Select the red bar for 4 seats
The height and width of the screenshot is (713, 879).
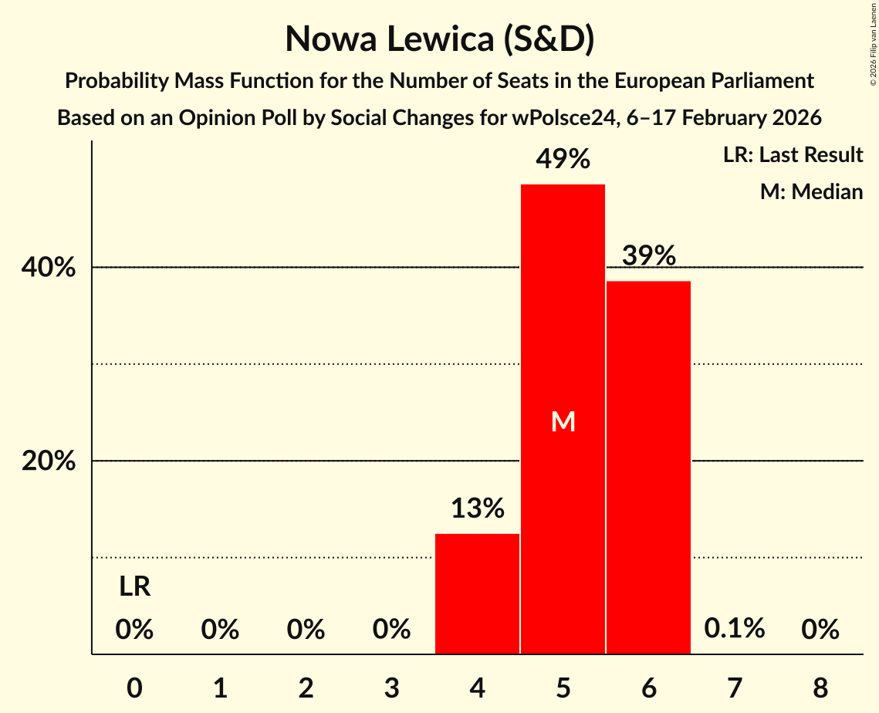[x=477, y=593]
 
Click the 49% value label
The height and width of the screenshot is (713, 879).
[x=563, y=160]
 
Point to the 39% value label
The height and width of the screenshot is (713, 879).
[x=649, y=255]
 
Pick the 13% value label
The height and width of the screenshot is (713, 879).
[x=478, y=509]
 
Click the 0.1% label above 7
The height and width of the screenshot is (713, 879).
[x=734, y=629]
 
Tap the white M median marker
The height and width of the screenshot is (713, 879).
[x=563, y=421]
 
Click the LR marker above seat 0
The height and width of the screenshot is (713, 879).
[x=134, y=587]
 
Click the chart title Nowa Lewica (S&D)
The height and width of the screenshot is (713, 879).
[x=439, y=39]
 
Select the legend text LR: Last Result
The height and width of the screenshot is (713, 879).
[x=793, y=155]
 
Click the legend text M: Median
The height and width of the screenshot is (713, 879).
[x=811, y=191]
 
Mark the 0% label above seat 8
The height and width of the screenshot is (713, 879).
[x=820, y=630]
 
